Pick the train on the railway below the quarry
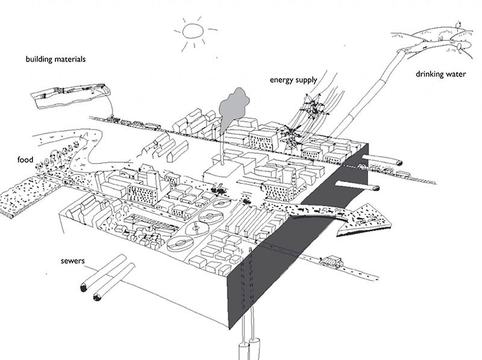pos(139,124)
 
